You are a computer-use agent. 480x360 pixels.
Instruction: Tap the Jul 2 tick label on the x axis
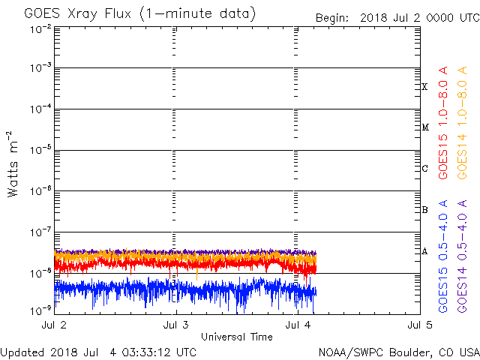[54, 325]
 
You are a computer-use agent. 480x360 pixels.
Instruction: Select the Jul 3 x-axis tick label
[175, 325]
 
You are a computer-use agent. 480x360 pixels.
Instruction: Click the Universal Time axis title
[236, 337]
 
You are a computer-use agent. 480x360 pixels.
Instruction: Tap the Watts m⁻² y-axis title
[13, 164]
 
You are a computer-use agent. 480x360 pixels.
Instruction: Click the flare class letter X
[424, 87]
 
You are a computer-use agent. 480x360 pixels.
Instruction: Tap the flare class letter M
[424, 127]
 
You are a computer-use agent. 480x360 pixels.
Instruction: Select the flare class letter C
[424, 168]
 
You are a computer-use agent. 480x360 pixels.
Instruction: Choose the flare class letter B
[424, 209]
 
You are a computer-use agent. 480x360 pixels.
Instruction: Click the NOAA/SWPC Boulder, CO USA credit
[398, 352]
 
